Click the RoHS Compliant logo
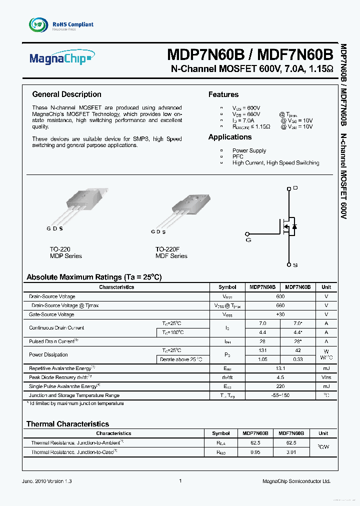click(x=61, y=24)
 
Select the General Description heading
click(x=66, y=94)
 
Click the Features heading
click(x=223, y=94)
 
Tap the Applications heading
click(x=230, y=137)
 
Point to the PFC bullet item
click(x=237, y=156)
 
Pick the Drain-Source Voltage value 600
click(x=280, y=296)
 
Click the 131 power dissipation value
click(x=262, y=350)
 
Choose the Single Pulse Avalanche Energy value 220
click(x=280, y=386)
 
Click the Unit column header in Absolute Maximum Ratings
click(x=326, y=287)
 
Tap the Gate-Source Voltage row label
click(x=51, y=314)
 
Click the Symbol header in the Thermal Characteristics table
click(x=221, y=433)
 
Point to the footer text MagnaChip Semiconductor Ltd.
click(x=296, y=481)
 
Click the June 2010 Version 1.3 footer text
click(x=47, y=481)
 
